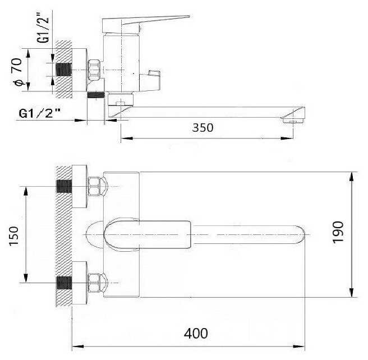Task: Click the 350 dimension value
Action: [203, 128]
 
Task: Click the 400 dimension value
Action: [196, 333]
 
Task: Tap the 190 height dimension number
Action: [338, 232]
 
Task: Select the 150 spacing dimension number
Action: [13, 236]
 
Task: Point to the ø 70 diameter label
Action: [17, 72]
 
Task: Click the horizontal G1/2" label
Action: [40, 113]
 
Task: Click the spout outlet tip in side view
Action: [293, 116]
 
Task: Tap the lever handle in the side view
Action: [145, 24]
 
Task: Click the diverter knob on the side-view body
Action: [150, 80]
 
